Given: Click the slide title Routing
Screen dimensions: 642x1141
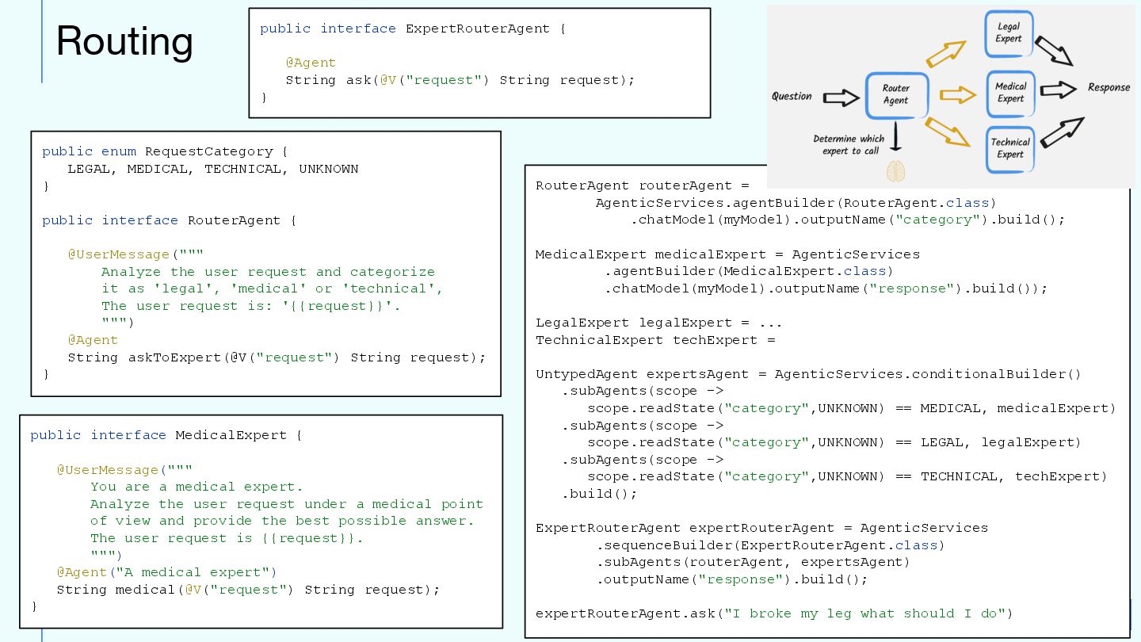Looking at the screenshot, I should (x=124, y=41).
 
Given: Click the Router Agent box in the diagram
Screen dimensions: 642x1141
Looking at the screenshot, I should (x=895, y=95).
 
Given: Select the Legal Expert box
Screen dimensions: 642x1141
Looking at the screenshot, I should (x=1009, y=33).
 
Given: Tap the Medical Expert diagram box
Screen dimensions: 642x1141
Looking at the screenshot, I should (x=1010, y=93).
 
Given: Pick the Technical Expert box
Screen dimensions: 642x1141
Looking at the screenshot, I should (x=1010, y=148).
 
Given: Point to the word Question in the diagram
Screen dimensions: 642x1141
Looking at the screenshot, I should (x=792, y=96).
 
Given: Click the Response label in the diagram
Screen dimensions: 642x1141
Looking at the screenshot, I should (x=1109, y=87).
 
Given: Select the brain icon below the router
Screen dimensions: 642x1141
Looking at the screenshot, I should (x=895, y=170).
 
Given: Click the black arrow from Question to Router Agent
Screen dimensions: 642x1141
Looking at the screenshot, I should (x=841, y=97).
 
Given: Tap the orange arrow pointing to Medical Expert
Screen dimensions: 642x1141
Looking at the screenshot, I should (x=957, y=95).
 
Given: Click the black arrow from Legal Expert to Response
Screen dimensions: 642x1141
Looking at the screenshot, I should (x=1054, y=51).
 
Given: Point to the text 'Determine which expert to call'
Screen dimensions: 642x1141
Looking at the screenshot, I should (x=849, y=144).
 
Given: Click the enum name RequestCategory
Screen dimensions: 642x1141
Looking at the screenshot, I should (x=208, y=151).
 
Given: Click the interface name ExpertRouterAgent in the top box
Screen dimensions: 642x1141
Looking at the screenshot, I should (x=477, y=29).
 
